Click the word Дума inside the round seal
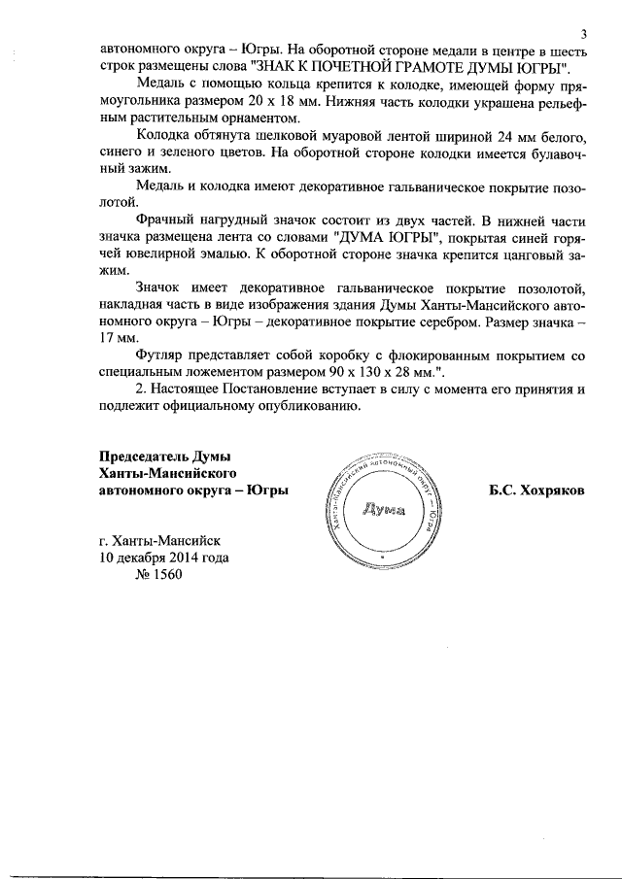(x=381, y=509)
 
